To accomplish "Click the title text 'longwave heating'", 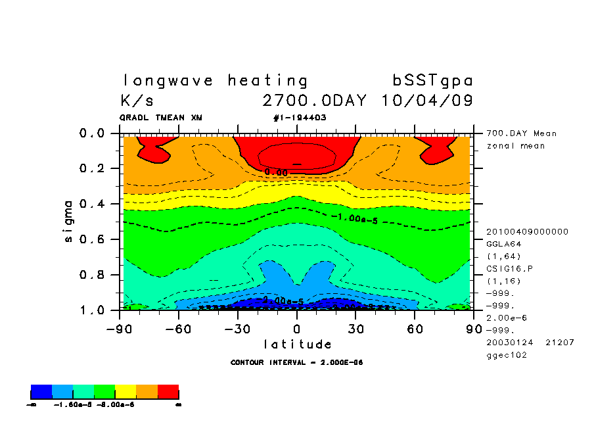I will pos(215,81).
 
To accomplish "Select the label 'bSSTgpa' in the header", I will pos(432,81).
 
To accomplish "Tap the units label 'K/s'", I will pos(137,101).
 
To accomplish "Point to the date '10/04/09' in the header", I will pos(426,101).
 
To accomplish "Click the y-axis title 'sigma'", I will pos(69,221).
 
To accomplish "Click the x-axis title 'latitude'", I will pos(297,344).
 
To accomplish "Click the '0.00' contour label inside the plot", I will pos(276,172).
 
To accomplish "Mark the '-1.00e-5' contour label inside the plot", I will pos(354,218).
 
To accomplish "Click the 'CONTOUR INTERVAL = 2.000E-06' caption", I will pos(297,362).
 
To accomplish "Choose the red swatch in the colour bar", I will pos(168,392).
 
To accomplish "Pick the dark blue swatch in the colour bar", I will pos(41,392).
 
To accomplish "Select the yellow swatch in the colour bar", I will pos(126,392).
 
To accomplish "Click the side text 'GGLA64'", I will pos(503,243).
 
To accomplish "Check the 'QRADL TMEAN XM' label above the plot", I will pos(161,118).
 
